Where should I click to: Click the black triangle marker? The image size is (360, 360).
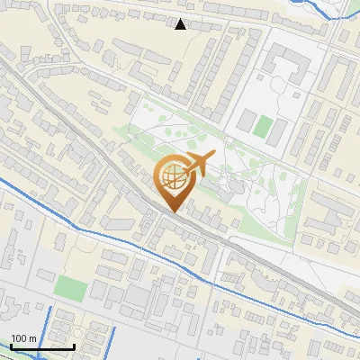coord(181,24)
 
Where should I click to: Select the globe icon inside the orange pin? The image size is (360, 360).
coord(173,179)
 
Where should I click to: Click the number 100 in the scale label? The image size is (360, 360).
coord(20,338)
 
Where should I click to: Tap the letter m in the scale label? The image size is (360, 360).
coord(32,338)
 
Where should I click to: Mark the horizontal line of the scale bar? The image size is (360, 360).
coord(42,346)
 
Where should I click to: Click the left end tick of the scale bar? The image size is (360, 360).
coord(11,345)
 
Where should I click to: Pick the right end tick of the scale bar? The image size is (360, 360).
coord(74,345)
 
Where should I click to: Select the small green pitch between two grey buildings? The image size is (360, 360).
coord(262,127)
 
